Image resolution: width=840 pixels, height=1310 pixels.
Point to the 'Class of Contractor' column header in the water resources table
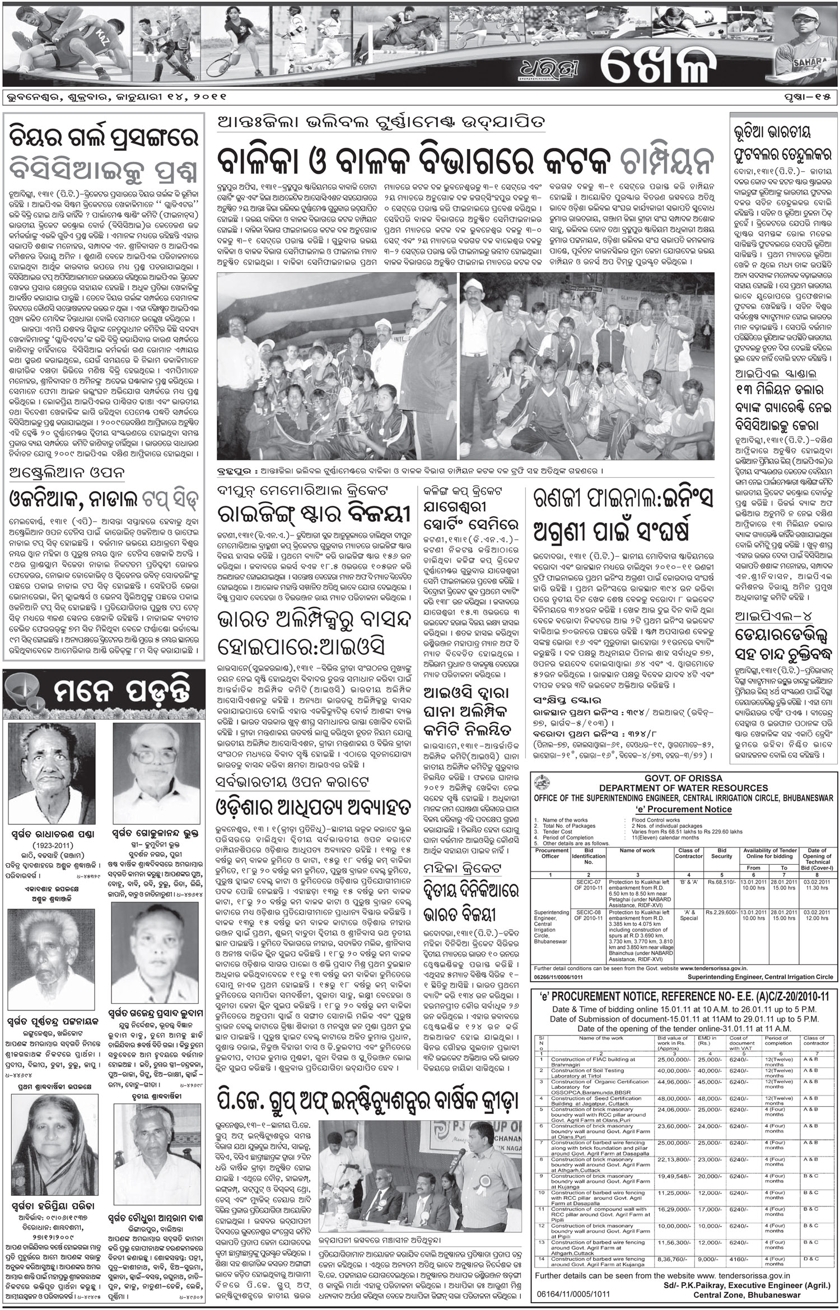point(688,853)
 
